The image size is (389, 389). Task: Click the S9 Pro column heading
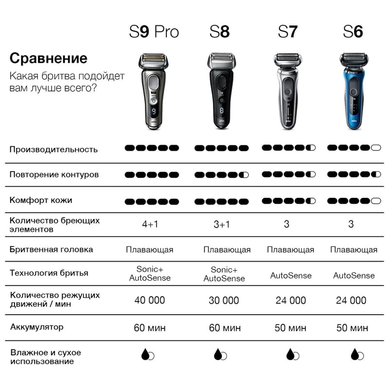click(154, 32)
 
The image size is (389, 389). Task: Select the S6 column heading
click(353, 32)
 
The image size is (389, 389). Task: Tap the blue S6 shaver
click(354, 91)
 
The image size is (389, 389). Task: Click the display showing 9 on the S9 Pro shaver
click(154, 111)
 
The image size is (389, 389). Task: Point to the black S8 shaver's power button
click(222, 100)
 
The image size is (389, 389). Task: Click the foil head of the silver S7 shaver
click(288, 60)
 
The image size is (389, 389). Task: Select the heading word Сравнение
click(48, 58)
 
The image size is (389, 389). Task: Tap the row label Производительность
click(53, 149)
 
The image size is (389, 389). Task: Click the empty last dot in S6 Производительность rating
click(376, 148)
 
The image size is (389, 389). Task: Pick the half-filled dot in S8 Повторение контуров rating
click(244, 175)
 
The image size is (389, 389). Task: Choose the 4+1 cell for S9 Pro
click(150, 224)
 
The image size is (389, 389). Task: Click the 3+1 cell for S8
click(222, 225)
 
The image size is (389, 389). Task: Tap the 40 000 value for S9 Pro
click(150, 300)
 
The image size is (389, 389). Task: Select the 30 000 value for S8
click(224, 301)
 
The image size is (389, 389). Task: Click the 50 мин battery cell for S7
click(290, 328)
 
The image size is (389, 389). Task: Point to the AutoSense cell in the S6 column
click(354, 275)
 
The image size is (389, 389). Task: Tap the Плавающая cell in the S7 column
click(290, 249)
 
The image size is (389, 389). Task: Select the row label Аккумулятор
click(37, 327)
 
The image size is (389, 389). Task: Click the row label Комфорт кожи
click(41, 200)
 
